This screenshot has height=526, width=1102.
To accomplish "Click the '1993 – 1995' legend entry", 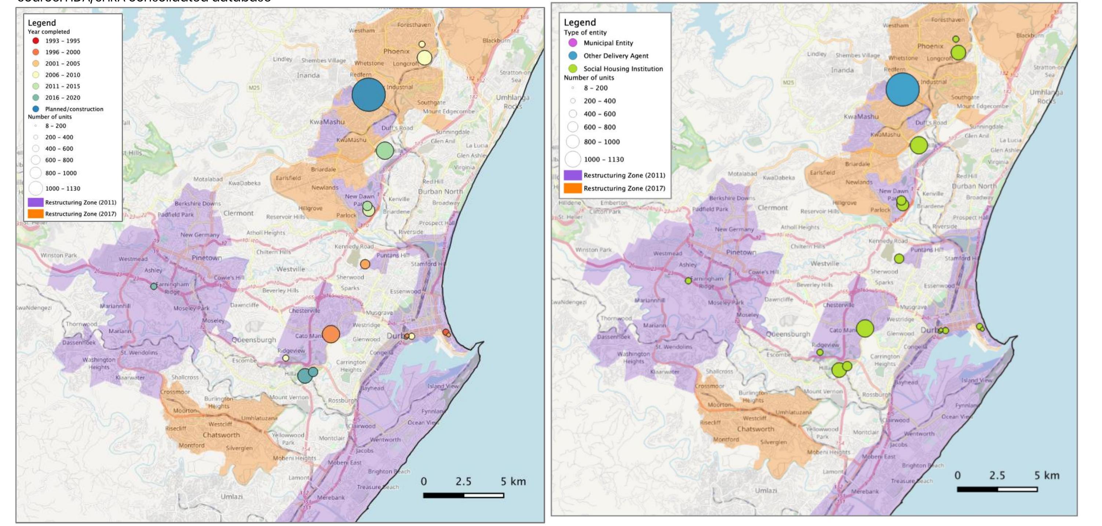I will pos(62,41).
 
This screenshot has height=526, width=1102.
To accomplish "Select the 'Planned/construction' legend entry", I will pos(74,109).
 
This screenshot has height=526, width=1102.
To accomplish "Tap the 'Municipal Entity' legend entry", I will pos(608,43).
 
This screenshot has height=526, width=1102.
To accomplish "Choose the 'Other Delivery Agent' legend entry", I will pos(616,56).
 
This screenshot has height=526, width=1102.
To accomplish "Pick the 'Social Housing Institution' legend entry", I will pos(623,69).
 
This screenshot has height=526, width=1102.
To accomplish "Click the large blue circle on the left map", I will pos(368,95).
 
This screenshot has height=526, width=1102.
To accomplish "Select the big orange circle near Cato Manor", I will pos(331,334).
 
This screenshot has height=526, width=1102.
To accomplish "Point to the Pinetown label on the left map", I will pos(207,258).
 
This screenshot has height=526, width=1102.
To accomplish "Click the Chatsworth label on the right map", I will pos(755,429).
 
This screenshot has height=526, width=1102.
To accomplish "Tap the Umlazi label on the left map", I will pos(231,497).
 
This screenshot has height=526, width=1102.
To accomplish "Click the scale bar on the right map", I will pos(997,489).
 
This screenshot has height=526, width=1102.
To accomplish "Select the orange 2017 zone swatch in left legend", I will pos(36,213).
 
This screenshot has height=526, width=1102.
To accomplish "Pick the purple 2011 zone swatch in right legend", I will pos(572,175).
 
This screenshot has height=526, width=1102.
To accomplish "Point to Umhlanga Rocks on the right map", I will pos(1046,96).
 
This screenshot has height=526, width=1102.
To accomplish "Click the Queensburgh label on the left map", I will pos(254,340).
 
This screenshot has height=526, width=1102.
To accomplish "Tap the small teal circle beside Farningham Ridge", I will pos(154,286).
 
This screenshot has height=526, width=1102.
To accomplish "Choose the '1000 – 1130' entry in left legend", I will pos(62,189).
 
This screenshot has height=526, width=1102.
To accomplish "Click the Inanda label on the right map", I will pos(842,70).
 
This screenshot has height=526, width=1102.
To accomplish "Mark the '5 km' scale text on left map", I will pos(513,482).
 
